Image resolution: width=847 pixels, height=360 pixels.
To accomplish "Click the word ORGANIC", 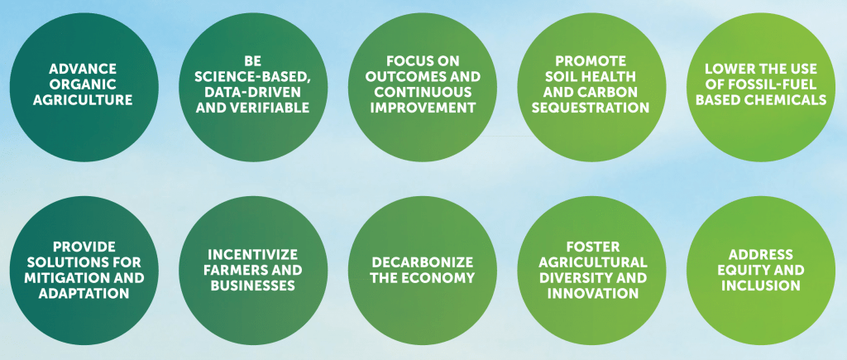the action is [83, 84].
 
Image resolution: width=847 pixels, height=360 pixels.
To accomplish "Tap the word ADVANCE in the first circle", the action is [83, 69].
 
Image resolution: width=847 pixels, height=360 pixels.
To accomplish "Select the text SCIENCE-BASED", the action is [253, 77].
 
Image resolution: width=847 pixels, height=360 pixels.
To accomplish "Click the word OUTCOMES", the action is [403, 76].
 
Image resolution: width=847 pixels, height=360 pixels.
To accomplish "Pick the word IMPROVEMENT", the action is [423, 107].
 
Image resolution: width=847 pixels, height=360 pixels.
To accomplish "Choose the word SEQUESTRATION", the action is [591, 107].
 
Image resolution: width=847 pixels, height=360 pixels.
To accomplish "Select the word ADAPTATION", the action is [84, 294].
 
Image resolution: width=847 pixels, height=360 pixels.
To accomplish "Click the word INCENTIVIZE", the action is [253, 254].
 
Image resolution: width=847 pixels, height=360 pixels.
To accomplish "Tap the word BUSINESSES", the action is [253, 286].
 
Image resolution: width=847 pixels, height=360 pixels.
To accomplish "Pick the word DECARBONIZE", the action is [423, 262].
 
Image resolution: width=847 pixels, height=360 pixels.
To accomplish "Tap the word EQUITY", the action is [742, 270].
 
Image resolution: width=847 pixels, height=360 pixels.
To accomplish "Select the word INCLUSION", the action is [761, 286].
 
